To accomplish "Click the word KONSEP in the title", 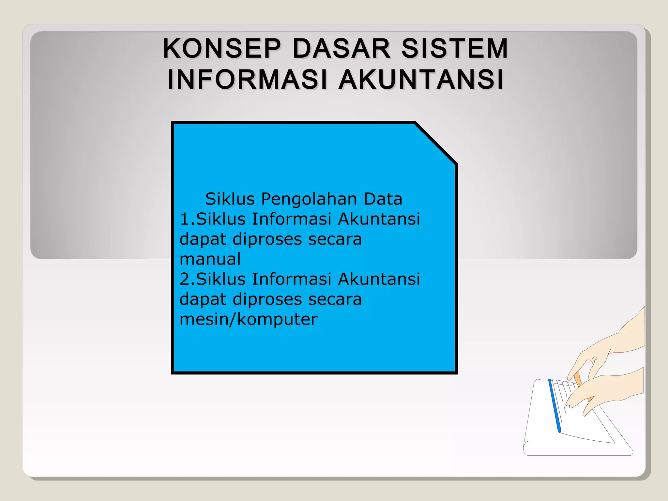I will (x=221, y=49).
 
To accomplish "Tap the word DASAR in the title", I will (x=341, y=49).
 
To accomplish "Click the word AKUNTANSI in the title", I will (x=421, y=80).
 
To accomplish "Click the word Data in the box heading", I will (x=383, y=199).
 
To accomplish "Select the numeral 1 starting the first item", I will (x=184, y=219).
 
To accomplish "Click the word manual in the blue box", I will (x=210, y=259).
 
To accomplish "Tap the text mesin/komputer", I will (x=248, y=319).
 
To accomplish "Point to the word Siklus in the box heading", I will (x=230, y=199).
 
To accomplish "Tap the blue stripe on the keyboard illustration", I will (x=554, y=406).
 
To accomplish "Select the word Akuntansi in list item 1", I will (x=379, y=219).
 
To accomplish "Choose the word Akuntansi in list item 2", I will (x=379, y=279).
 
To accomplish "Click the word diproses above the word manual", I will (x=267, y=240).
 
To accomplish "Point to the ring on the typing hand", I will (x=595, y=359).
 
